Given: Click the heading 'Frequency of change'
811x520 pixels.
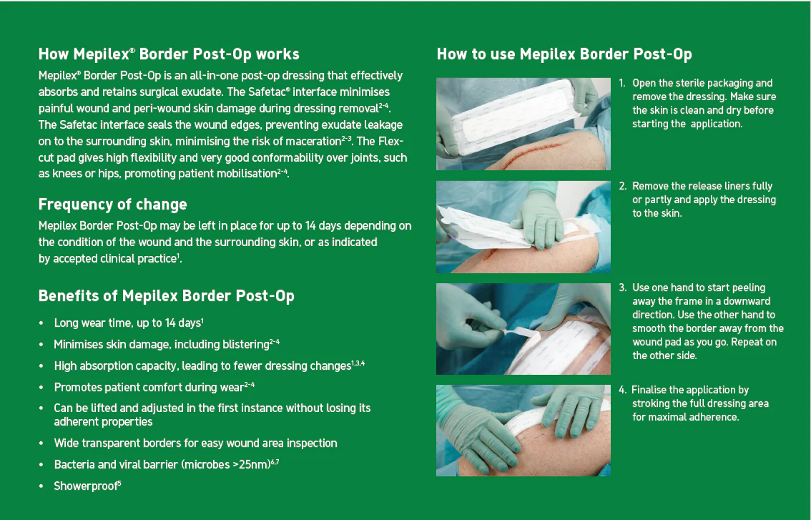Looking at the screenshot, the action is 113,205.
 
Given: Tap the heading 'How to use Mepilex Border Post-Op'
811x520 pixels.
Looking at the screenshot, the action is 564,54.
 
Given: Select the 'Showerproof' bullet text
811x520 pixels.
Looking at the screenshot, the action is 87,486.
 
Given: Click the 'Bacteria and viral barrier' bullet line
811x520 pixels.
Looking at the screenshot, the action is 167,464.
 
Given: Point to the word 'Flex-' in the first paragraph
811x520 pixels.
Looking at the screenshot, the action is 390,141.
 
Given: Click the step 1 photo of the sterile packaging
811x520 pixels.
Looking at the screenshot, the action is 523,124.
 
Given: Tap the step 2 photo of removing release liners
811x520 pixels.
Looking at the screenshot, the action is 523,227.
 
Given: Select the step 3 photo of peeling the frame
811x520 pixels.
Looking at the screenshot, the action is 523,329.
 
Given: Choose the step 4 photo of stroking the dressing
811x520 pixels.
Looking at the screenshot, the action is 523,431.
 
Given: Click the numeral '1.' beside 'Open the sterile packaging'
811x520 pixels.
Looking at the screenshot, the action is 622,83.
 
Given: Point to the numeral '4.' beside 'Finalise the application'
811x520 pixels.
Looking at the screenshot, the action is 623,390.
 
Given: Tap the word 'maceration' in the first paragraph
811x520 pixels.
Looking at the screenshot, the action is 312,141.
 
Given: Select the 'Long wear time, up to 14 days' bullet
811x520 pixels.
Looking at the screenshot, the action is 129,323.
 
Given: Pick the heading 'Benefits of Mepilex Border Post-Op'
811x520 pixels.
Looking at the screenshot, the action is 167,296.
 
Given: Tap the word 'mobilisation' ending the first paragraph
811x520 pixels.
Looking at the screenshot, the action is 245,173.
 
